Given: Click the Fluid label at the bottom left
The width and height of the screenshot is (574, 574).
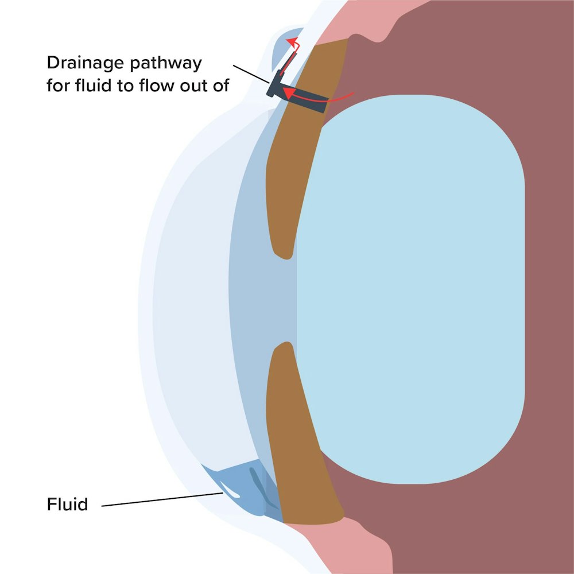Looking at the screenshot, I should click(67, 505).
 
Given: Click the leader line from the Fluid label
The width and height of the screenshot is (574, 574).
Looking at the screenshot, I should click(161, 499).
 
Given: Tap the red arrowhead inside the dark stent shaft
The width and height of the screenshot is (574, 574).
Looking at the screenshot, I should click(290, 92).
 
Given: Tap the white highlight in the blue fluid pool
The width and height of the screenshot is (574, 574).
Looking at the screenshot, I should click(232, 491).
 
